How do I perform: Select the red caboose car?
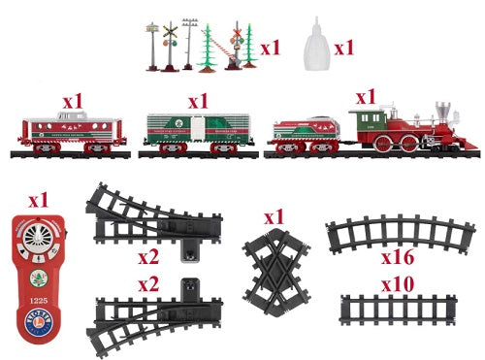[x=70, y=133]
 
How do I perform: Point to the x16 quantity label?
[x=399, y=259]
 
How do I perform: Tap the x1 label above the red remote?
[x=38, y=200]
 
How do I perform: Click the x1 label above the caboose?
[x=74, y=101]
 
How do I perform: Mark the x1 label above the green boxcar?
[x=198, y=101]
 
